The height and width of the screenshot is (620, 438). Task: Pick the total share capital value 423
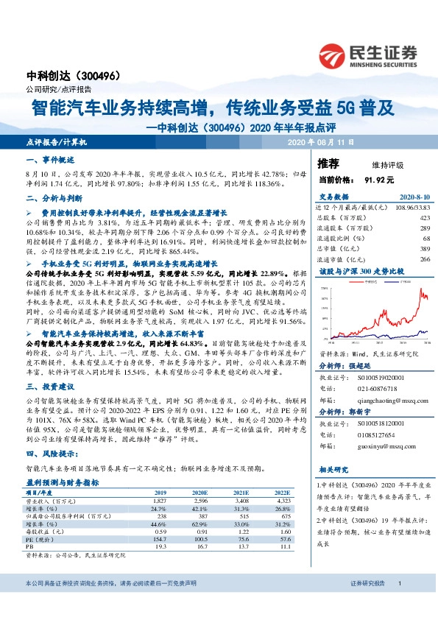[423, 219]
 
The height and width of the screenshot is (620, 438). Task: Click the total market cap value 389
[423, 250]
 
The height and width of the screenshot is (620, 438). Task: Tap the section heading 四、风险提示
[52, 454]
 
